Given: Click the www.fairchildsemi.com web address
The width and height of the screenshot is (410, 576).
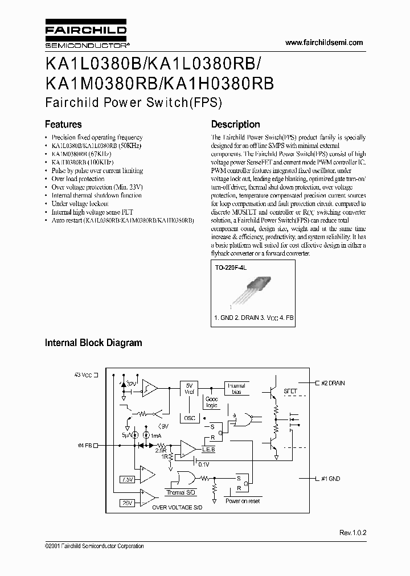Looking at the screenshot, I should click(x=323, y=43).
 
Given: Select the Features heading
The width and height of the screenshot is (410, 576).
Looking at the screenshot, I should click(x=63, y=124).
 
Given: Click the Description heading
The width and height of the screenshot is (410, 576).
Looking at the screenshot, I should click(x=235, y=124).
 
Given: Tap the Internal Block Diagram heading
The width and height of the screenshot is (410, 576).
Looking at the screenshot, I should click(x=93, y=343).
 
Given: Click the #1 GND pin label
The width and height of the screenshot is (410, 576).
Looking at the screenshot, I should click(x=329, y=479).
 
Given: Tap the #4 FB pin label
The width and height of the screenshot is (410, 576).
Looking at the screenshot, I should click(x=84, y=445).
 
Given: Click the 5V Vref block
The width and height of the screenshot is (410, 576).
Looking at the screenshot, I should click(x=190, y=389).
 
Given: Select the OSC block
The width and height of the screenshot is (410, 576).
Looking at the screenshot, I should click(x=190, y=418).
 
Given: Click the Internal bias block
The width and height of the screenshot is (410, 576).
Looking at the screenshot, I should click(x=236, y=389).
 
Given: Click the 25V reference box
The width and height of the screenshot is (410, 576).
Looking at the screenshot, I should click(x=128, y=504).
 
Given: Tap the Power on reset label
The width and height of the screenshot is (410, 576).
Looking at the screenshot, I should click(x=243, y=501).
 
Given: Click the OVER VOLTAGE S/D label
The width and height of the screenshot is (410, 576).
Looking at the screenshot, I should click(x=176, y=507).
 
